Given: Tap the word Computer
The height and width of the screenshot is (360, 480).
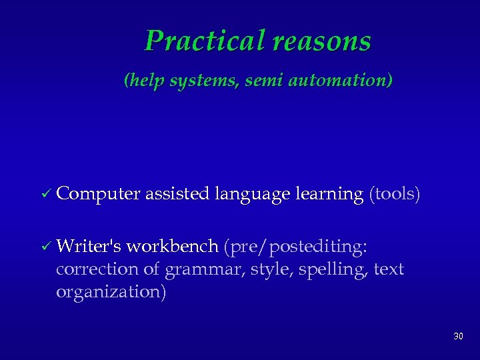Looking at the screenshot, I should [98, 195].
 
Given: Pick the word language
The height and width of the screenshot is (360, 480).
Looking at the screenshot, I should [252, 195].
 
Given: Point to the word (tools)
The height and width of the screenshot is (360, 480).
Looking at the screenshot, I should [395, 195].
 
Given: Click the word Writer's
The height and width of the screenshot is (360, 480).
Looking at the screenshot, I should [89, 247].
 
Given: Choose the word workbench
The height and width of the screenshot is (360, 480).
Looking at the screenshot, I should [172, 247].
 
